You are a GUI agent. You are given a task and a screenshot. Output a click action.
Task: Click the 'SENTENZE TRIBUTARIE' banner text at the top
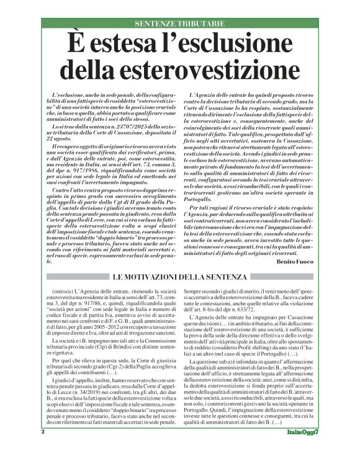point(179,24)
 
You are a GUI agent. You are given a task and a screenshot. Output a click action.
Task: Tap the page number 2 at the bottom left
point(43,449)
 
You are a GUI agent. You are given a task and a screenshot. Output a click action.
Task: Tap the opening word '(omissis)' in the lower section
point(65,290)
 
